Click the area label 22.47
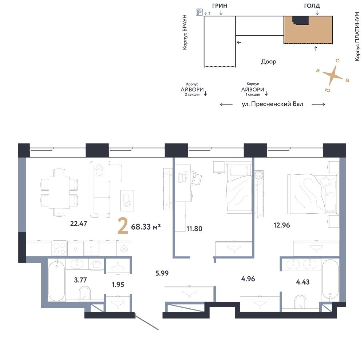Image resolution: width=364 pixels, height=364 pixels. (79, 223)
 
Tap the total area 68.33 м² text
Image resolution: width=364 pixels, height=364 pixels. (146, 226)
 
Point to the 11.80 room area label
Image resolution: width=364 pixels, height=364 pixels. (194, 229)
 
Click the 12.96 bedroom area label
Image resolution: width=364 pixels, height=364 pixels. (282, 225)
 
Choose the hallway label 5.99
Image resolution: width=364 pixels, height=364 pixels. (162, 273)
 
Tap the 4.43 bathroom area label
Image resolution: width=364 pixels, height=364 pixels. (303, 282)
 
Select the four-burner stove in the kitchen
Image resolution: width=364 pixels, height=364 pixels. (59, 249)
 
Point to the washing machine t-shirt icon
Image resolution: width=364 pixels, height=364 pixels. (96, 264)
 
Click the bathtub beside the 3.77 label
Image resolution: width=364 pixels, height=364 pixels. (57, 281)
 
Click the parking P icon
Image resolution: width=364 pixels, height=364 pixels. (199, 12)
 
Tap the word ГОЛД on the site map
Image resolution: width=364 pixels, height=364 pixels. (312, 6)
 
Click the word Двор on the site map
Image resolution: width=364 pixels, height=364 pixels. (269, 62)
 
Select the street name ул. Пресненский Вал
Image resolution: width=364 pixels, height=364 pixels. (272, 104)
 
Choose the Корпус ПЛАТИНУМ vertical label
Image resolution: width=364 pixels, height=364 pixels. (357, 37)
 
